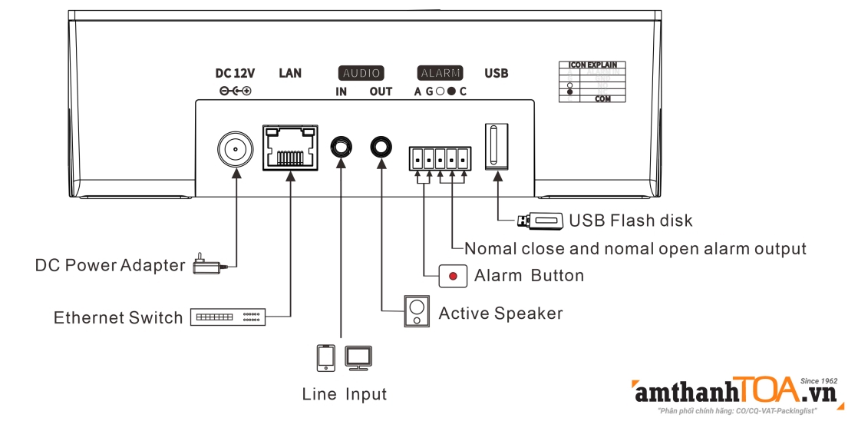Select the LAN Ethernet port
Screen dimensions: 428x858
coord(290,147)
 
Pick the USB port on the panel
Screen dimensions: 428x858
coord(497,146)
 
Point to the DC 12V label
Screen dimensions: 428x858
coord(235,74)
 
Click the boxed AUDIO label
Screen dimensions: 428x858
coord(361,74)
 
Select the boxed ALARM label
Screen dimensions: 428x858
coord(441,74)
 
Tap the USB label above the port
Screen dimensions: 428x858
coord(497,74)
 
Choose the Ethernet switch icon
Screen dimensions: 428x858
coord(227,317)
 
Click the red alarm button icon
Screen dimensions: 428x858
coord(453,276)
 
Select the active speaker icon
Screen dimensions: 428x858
coord(417,311)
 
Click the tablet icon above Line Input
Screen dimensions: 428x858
coord(326,357)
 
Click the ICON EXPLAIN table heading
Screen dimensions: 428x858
coord(592,65)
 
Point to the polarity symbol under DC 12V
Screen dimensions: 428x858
coord(235,91)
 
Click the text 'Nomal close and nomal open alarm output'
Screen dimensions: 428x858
coord(635,249)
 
